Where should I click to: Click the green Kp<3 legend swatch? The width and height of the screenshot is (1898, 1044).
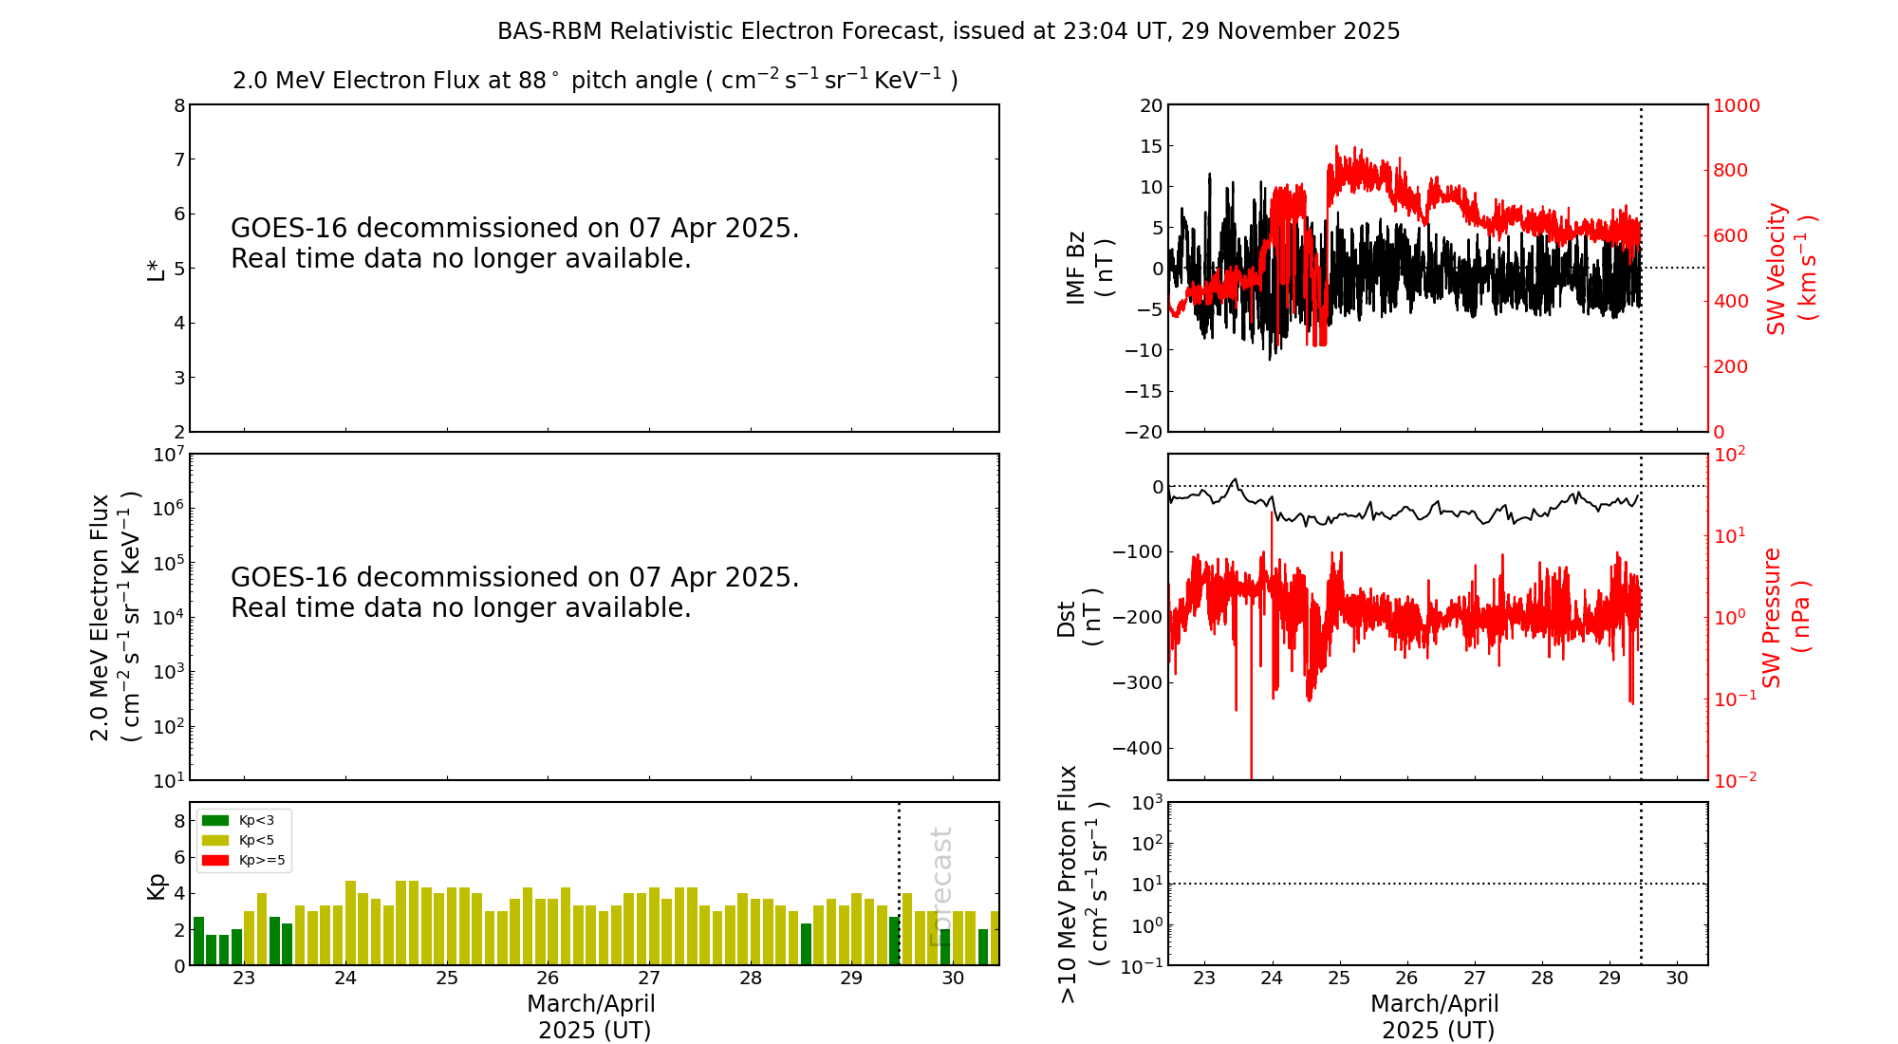(215, 820)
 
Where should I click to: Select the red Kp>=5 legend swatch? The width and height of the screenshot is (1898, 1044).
(215, 861)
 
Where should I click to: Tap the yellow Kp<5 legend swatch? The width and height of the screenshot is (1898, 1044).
(215, 840)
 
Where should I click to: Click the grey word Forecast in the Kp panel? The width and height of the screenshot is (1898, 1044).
(940, 886)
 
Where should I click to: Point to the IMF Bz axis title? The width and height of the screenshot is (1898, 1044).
(1089, 268)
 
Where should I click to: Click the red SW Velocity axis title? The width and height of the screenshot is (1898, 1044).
(1791, 269)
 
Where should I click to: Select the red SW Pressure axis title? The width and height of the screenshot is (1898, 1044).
(1786, 618)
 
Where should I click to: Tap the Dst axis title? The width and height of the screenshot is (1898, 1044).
(1079, 618)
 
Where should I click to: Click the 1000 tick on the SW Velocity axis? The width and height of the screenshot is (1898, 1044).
(1736, 105)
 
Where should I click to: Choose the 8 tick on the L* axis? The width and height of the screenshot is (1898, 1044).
(179, 105)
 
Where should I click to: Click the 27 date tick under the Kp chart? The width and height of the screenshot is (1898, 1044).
(649, 979)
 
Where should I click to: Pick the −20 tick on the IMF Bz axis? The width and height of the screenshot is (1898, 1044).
(1143, 432)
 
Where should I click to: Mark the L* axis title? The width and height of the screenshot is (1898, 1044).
(157, 269)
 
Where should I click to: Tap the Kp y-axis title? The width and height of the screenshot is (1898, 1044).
(157, 886)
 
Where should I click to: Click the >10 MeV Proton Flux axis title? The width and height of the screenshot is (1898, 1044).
(1082, 885)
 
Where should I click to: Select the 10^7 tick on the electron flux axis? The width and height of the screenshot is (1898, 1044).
(167, 455)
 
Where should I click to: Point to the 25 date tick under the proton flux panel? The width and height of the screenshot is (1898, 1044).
(1339, 979)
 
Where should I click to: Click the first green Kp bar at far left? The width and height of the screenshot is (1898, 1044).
(199, 941)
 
